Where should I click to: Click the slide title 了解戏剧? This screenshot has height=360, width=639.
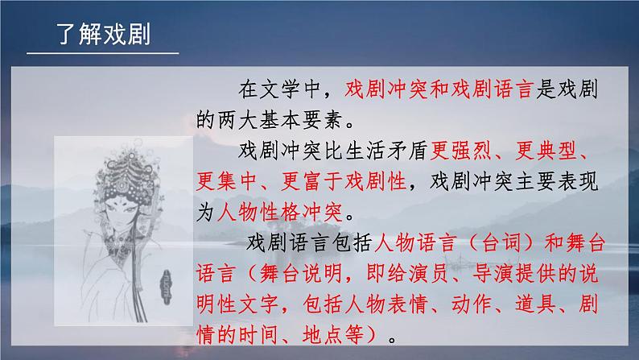pyautogui.click(x=104, y=34)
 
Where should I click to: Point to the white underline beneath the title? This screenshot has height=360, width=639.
pyautogui.click(x=103, y=53)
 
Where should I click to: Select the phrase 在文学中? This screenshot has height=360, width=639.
pyautogui.click(x=279, y=89)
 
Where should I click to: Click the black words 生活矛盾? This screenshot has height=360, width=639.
pyautogui.click(x=386, y=151)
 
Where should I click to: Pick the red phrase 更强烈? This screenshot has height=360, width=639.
pyautogui.click(x=461, y=151)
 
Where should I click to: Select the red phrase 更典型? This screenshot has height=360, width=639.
pyautogui.click(x=546, y=151)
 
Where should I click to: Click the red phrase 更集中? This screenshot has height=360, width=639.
pyautogui.click(x=227, y=181)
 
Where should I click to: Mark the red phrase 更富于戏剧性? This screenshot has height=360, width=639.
pyautogui.click(x=344, y=181)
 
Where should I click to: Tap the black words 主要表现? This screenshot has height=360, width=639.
pyautogui.click(x=557, y=181)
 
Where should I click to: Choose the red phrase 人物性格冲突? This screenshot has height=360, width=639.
pyautogui.click(x=280, y=212)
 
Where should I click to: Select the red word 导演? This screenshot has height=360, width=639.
pyautogui.click(x=493, y=274)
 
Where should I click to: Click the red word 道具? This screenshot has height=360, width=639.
pyautogui.click(x=535, y=304)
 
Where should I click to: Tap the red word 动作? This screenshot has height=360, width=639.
pyautogui.click(x=471, y=304)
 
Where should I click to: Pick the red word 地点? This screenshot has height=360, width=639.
pyautogui.click(x=323, y=335)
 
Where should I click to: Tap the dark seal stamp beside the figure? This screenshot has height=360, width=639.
pyautogui.click(x=166, y=287)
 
